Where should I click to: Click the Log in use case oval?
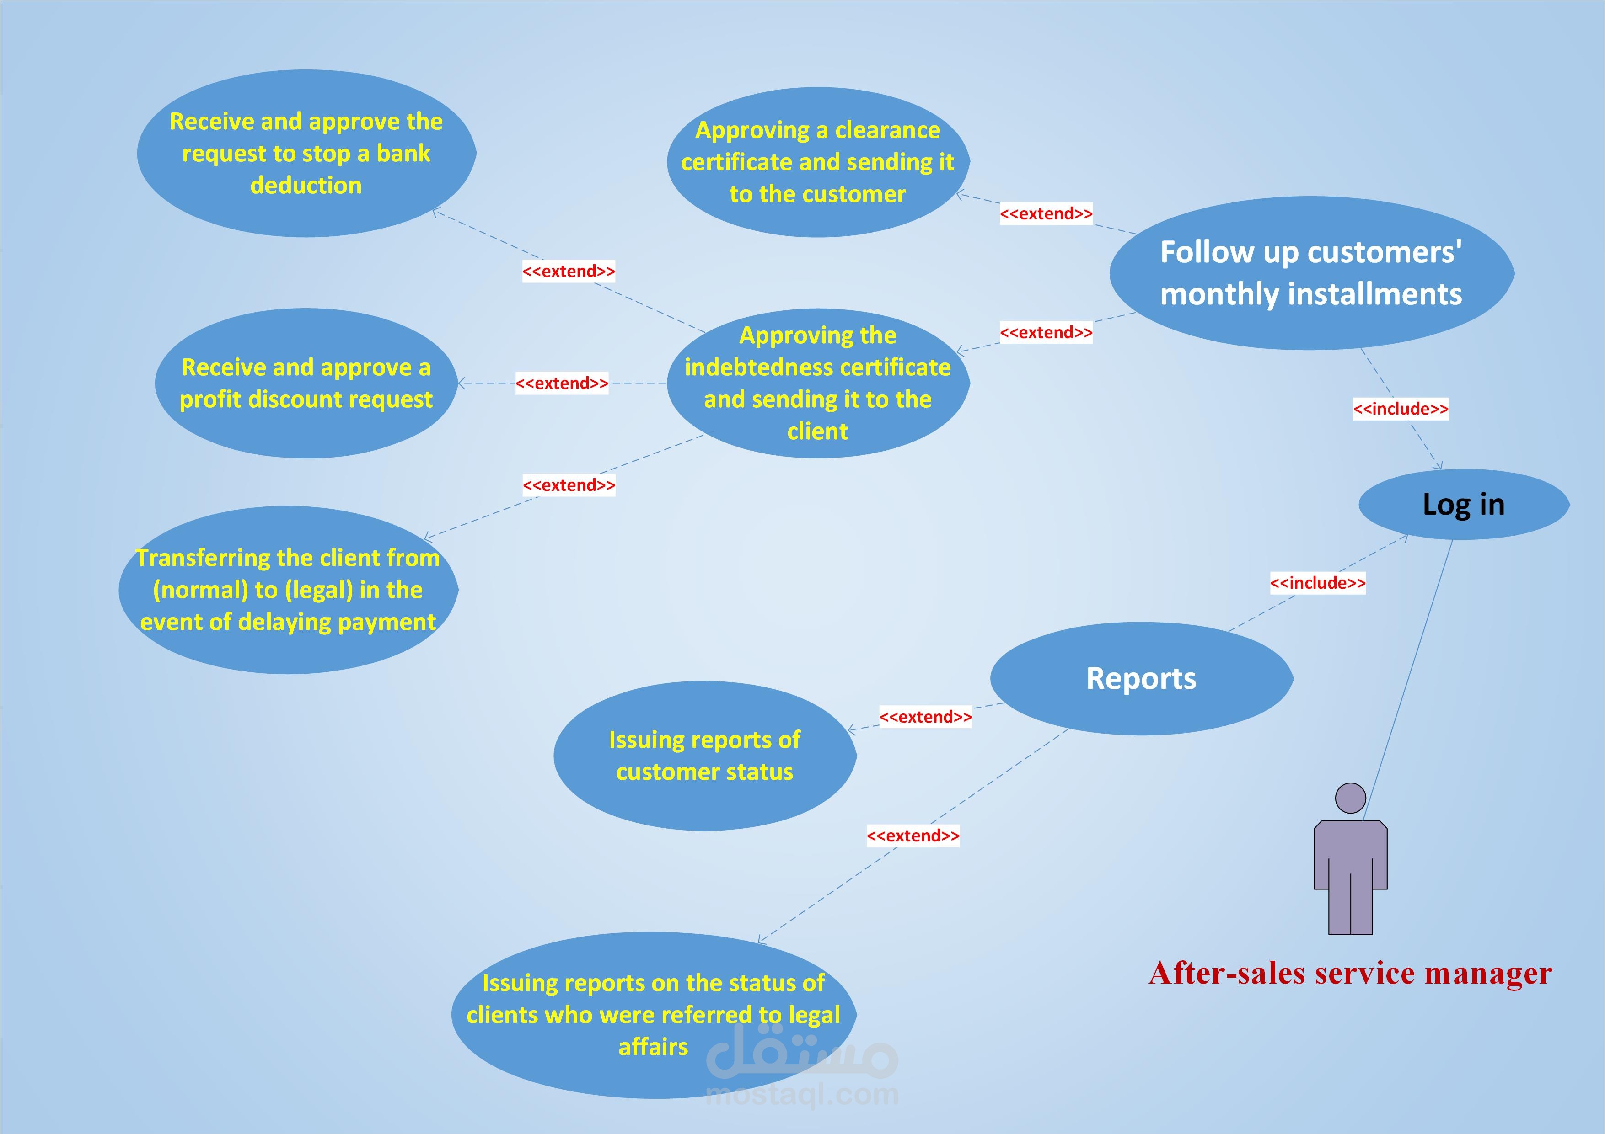1463,505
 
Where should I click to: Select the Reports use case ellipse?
1141,678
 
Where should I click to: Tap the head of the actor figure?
1350,798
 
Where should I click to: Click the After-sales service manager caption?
1350,973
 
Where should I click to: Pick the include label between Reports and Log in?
1317,583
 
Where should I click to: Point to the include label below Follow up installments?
1400,409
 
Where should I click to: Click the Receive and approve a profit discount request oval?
306,383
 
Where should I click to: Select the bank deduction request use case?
306,154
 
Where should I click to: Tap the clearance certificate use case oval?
817,162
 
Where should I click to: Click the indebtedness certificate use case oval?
817,383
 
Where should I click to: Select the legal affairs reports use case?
654,1015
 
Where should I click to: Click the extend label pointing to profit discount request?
561,383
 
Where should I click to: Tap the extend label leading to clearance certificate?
1046,214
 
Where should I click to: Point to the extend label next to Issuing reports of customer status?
925,717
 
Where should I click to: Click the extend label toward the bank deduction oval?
569,271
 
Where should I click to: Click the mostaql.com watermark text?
802,1094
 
